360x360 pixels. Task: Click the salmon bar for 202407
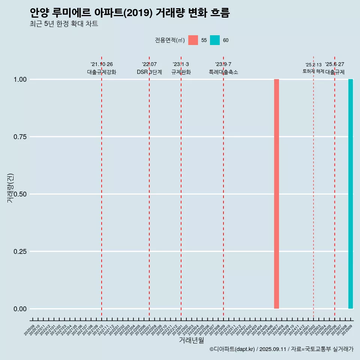point(276,194)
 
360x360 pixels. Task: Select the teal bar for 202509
point(351,194)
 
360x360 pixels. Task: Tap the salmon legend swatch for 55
point(193,40)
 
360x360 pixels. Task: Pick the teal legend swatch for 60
point(215,40)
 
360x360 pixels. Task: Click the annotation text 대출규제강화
point(102,72)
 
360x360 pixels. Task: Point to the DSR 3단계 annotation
point(149,72)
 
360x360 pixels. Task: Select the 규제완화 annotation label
point(181,72)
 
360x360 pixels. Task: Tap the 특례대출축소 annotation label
point(223,72)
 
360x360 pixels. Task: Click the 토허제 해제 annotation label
point(313,71)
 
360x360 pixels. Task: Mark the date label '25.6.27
point(334,64)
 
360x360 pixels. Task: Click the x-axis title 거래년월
point(192,340)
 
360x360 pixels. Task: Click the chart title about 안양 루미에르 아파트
point(130,13)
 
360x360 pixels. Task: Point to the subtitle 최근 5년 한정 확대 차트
point(64,24)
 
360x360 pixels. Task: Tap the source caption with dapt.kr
point(281,349)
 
